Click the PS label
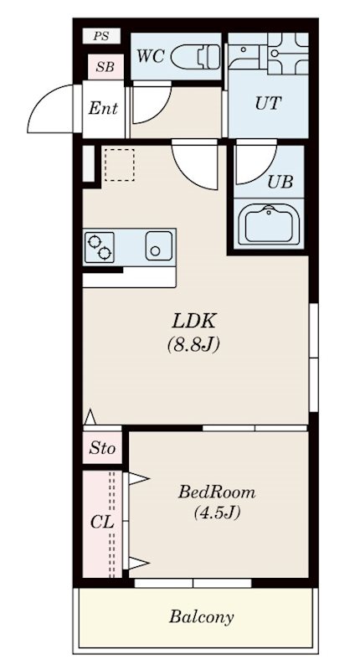pyautogui.click(x=101, y=36)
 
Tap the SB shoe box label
pyautogui.click(x=105, y=67)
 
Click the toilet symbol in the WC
pyautogui.click(x=196, y=56)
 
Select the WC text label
pyautogui.click(x=151, y=56)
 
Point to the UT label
pyautogui.click(x=268, y=103)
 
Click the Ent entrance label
pyautogui.click(x=103, y=109)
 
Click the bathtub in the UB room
pyautogui.click(x=269, y=224)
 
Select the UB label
pyautogui.click(x=280, y=182)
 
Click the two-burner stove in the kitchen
pyautogui.click(x=100, y=247)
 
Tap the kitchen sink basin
pyautogui.click(x=159, y=246)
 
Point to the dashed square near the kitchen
pyautogui.click(x=119, y=164)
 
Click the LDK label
pyautogui.click(x=193, y=322)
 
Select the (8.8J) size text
pyautogui.click(x=193, y=345)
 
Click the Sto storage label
pyautogui.click(x=102, y=448)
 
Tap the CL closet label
pyautogui.click(x=102, y=522)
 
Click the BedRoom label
pyautogui.click(x=217, y=492)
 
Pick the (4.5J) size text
pyautogui.click(x=217, y=512)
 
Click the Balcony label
pyautogui.click(x=202, y=617)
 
